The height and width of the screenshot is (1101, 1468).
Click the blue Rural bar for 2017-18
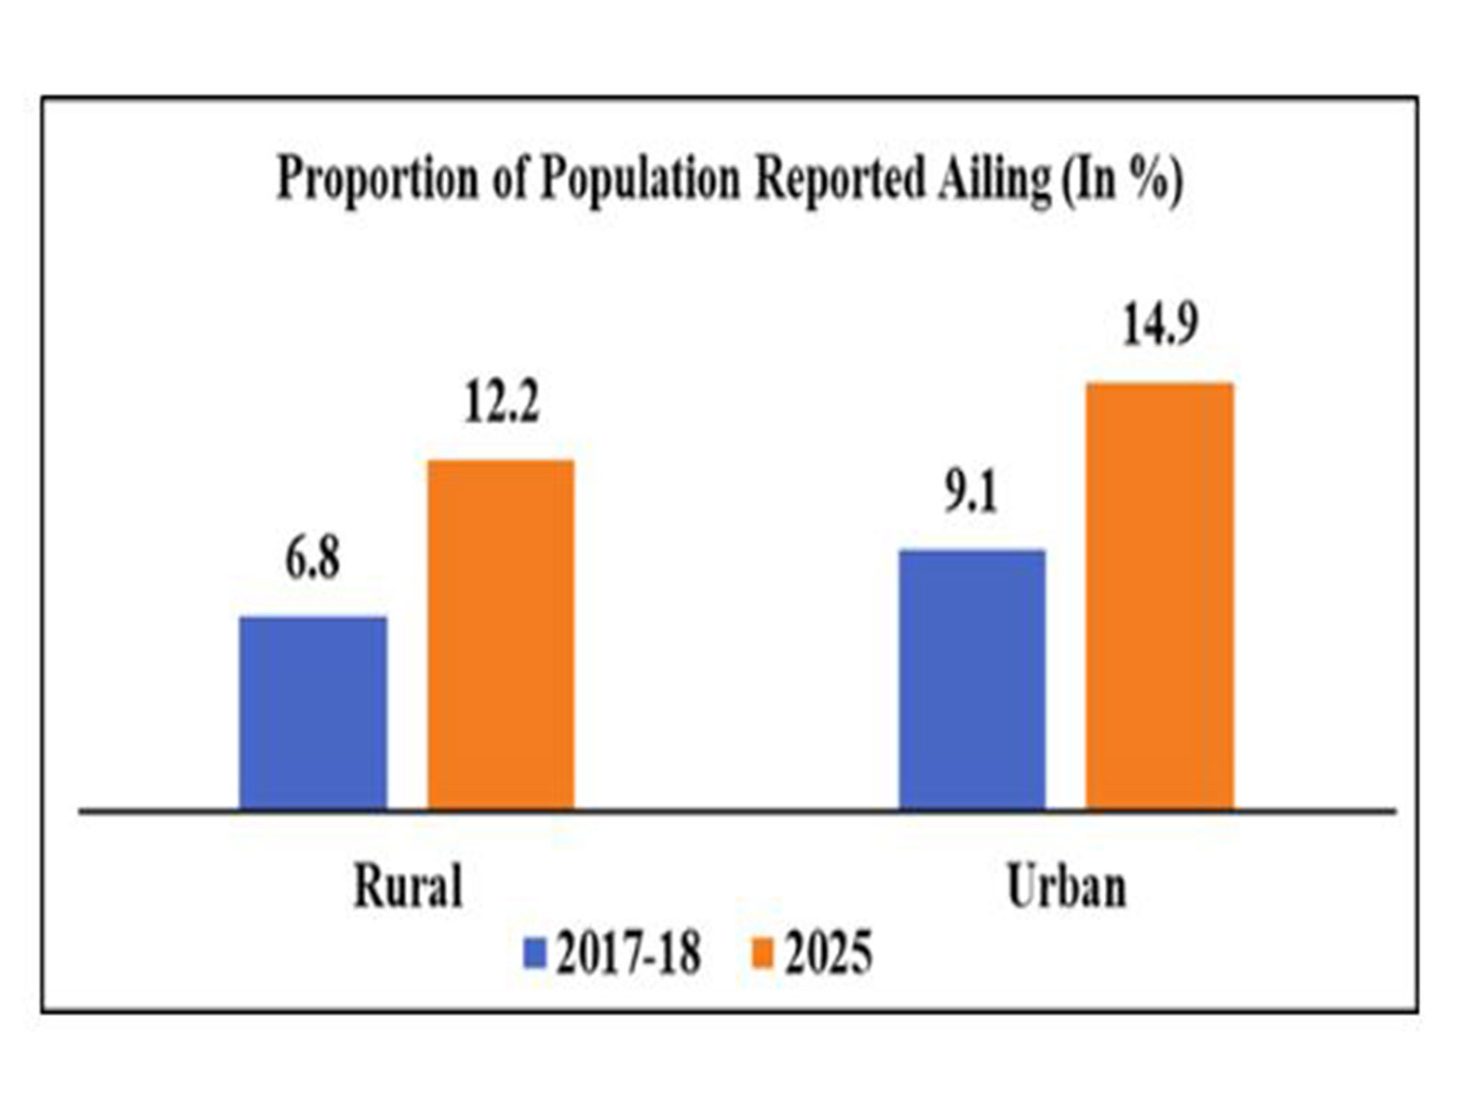tap(313, 713)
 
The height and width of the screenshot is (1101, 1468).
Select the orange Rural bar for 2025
tap(501, 634)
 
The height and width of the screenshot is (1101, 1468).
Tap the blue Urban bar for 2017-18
tap(972, 679)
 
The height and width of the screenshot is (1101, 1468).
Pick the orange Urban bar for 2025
tap(1160, 595)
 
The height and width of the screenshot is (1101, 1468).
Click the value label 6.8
tap(313, 559)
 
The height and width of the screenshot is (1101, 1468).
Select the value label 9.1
tap(972, 493)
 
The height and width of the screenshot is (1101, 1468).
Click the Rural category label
tap(408, 887)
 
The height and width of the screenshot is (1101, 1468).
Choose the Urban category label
tap(1066, 887)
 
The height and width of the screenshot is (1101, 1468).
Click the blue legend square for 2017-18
tap(535, 953)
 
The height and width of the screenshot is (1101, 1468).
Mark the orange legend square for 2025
tap(762, 953)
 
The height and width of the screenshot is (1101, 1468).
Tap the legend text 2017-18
tap(628, 953)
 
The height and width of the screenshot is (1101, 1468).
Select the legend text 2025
tap(829, 953)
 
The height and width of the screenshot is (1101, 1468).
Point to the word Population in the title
tap(639, 178)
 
